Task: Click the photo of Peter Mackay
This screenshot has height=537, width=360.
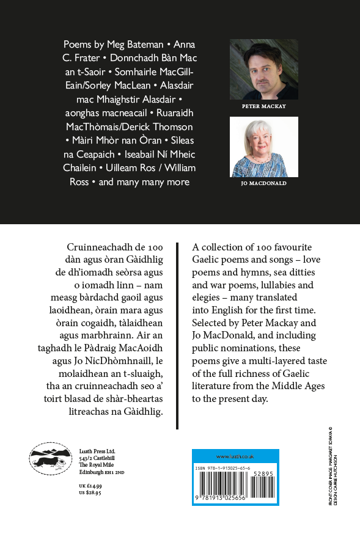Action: click(x=263, y=69)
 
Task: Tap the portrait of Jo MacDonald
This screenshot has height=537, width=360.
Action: click(x=263, y=147)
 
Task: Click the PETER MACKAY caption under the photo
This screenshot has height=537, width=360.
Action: click(x=263, y=106)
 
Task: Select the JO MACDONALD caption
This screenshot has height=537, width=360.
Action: click(x=263, y=184)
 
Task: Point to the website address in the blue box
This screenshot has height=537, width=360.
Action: click(x=235, y=456)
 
